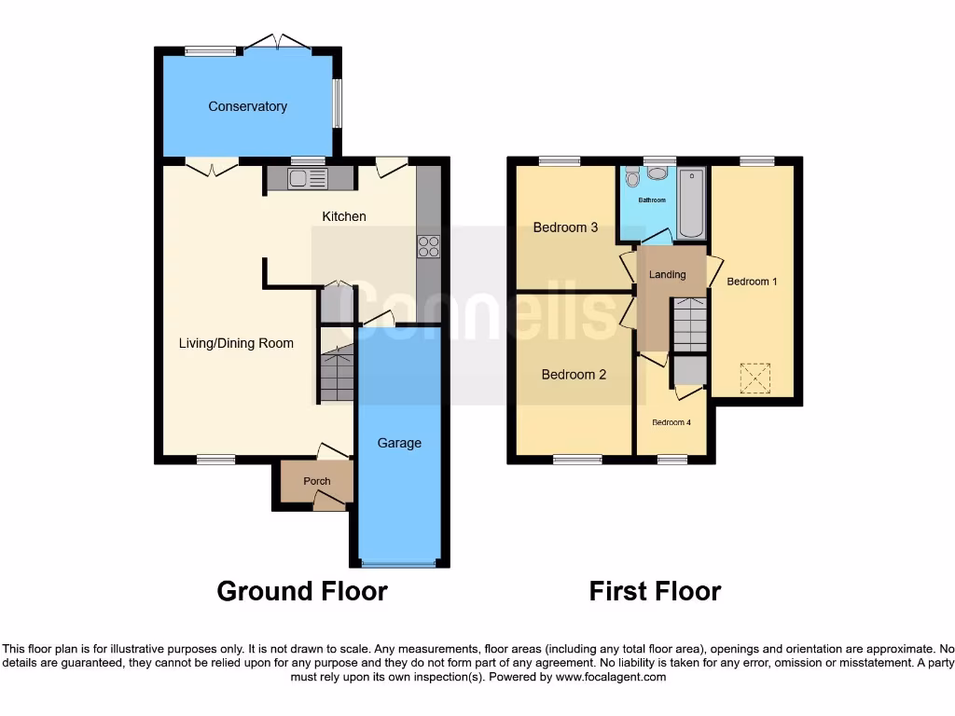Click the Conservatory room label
(247, 106)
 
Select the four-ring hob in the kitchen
(428, 246)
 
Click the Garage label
(399, 443)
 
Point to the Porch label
(317, 481)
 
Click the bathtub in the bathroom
(691, 203)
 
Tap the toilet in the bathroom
(633, 177)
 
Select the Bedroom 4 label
(671, 422)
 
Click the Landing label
(668, 274)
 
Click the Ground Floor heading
(302, 591)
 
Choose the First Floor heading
(655, 591)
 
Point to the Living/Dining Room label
(236, 343)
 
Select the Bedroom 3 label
(565, 227)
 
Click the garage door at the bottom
(398, 564)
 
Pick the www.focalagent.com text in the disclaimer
(610, 677)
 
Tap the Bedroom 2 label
(574, 375)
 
